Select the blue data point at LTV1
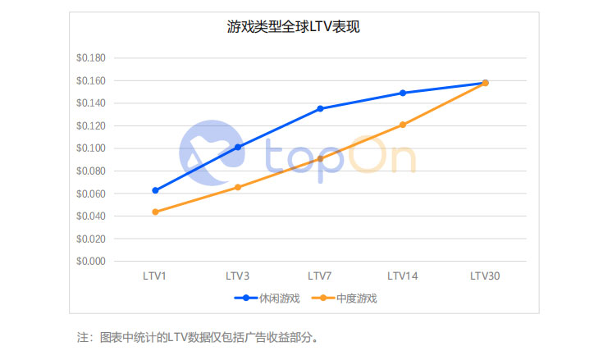tap(155, 190)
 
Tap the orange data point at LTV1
tap(155, 212)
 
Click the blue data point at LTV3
tap(238, 147)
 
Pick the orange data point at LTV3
tap(238, 187)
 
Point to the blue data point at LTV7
tap(320, 108)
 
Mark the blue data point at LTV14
tap(403, 93)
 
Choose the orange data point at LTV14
tap(403, 125)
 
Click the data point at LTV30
tap(485, 83)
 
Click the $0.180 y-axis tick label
tap(91, 58)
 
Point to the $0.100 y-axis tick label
tap(91, 148)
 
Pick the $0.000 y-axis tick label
tap(91, 262)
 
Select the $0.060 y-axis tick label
tap(91, 194)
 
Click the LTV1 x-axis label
tap(155, 276)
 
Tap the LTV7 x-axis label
tap(320, 276)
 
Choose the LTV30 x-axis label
tap(485, 276)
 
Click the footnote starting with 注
tap(197, 337)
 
